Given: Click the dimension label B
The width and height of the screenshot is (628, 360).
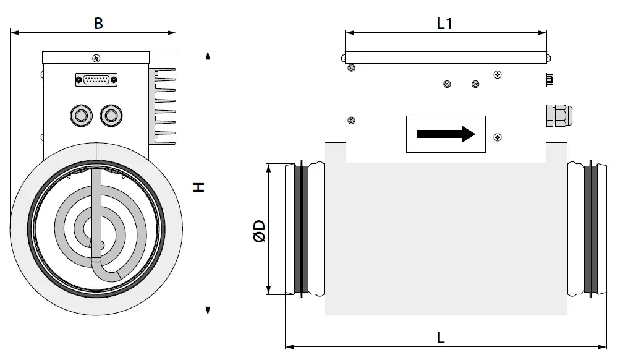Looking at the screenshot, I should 98,23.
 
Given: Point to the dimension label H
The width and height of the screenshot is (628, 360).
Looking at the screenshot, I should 198,186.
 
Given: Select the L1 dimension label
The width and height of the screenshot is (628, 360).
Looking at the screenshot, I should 445,24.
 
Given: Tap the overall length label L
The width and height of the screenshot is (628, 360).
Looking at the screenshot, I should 441,338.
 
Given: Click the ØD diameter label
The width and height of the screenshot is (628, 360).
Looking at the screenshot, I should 259,231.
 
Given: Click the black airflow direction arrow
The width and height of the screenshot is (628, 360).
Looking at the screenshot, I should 445,134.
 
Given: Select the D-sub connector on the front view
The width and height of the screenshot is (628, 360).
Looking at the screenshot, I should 96,79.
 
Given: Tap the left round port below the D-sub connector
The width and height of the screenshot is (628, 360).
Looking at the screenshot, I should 80,114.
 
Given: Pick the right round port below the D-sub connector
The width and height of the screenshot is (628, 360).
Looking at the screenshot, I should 111,114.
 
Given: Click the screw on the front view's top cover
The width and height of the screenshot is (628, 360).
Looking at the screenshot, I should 96,58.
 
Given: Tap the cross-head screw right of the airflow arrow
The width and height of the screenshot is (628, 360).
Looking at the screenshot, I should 498,137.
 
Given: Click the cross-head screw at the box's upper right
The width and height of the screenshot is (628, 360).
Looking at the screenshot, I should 498,75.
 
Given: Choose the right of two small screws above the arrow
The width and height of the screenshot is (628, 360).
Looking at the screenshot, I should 475,84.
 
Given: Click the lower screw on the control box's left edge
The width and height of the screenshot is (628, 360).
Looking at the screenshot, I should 351,120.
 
